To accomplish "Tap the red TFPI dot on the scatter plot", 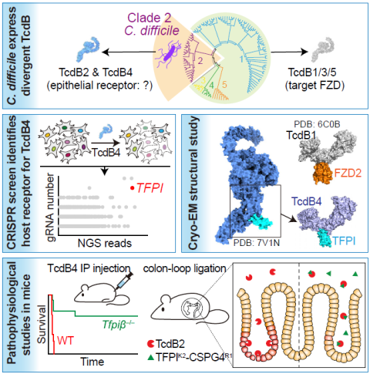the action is pos(132,188).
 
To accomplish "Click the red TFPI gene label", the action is pos(150,188).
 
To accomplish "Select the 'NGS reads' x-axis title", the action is pos(105,243).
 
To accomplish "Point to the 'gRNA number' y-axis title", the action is pos(51,207).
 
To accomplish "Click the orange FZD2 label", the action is pos(348,174).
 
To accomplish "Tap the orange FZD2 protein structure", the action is pos(323,173).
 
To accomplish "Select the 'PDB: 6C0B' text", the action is pos(317,124).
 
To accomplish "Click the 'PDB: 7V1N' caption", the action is pos(256,243).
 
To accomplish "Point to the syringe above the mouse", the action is pos(124,281).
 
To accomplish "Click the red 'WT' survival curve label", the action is pos(66,341).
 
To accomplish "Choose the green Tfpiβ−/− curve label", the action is pos(119,325).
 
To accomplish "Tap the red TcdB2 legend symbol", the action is pos(150,343).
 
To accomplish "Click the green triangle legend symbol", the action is pos(151,357).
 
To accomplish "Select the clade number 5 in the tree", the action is pos(224,84).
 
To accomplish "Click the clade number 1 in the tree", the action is pos(241,59).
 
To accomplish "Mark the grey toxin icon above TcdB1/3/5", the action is pos(323,49).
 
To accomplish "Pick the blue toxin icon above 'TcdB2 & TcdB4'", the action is pos(88,49).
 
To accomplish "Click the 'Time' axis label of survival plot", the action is pos(92,362).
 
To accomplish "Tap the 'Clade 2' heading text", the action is pos(150,18).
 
